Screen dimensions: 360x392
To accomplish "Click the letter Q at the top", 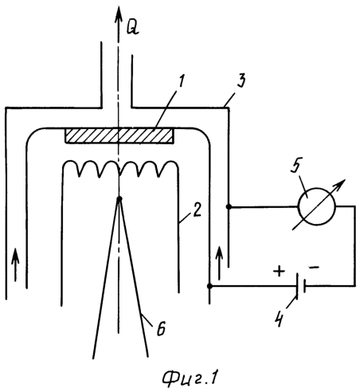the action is [132, 27].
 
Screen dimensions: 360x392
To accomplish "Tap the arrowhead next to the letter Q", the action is [119, 14].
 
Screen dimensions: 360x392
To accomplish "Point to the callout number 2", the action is [197, 210].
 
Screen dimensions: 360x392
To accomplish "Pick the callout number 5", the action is [296, 165].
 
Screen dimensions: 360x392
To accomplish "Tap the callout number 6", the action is [161, 328].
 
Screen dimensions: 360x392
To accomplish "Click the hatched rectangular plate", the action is [119, 136].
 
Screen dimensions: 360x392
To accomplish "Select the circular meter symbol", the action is [316, 206].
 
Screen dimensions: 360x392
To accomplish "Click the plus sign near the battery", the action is [279, 272].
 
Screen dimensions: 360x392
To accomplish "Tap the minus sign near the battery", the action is [315, 267].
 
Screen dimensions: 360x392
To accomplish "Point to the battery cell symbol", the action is [300, 286].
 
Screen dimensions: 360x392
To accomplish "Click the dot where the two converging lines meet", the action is [119, 198].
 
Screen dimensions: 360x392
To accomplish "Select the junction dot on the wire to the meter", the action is [229, 206].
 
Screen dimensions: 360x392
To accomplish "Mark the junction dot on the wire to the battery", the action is [209, 286].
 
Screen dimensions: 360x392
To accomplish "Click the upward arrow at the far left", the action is [15, 265].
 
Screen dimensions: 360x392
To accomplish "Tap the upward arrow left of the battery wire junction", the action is [219, 263].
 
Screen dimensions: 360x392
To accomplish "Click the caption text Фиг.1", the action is [190, 378].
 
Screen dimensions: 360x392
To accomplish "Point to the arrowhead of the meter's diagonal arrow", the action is [341, 183].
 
